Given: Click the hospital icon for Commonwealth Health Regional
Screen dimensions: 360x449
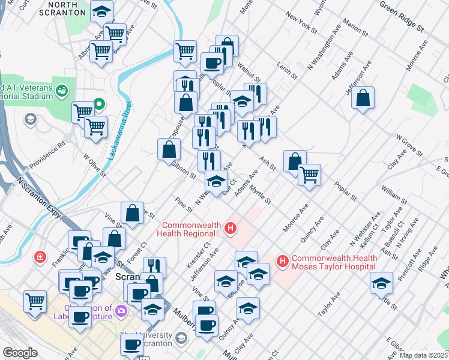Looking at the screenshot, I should (229, 229).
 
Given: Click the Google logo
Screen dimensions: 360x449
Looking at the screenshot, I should (20, 353).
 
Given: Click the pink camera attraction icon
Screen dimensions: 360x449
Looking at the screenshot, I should (122, 311).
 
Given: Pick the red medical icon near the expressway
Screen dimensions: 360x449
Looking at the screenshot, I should (40, 257).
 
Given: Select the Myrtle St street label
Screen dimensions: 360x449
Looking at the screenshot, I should (261, 195).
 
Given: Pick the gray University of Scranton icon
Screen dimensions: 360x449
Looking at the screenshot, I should (181, 340).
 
